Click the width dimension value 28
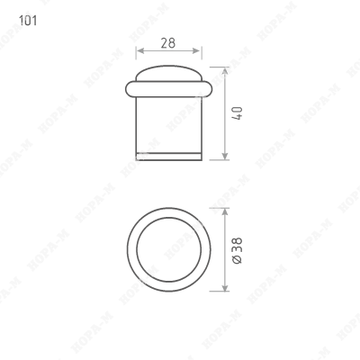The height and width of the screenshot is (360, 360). point(167,42)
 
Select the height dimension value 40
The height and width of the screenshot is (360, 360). point(238,115)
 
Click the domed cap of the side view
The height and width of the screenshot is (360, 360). point(168,71)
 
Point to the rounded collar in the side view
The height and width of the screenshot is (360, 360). point(168,87)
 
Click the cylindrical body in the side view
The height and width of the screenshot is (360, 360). point(168,126)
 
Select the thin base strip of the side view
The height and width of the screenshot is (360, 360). point(168,157)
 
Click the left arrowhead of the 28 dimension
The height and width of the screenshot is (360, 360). point(140,51)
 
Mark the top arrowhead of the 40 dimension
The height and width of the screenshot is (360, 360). point(221,67)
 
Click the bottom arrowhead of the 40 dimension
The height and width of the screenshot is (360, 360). point(221,157)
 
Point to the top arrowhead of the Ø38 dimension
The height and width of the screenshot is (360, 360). point(221,207)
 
